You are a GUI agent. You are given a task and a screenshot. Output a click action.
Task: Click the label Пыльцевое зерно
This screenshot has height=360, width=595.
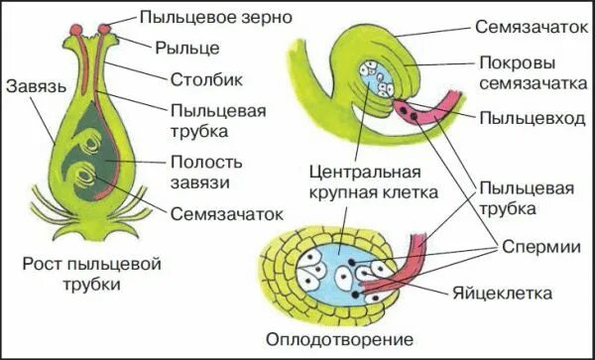[204, 17]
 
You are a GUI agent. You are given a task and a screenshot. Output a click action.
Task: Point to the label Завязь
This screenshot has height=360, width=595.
[34, 86]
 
